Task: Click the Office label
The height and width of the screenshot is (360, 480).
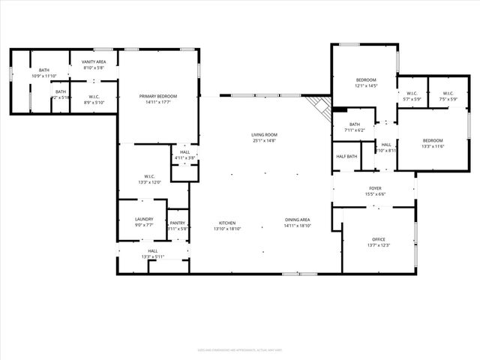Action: (x=378, y=242)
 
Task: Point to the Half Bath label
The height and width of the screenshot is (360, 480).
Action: (x=346, y=156)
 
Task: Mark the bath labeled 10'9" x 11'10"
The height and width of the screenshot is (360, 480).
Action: (x=44, y=73)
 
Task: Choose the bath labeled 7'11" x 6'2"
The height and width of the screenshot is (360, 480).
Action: (x=354, y=127)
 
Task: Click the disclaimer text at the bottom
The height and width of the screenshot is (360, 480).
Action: (x=240, y=349)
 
